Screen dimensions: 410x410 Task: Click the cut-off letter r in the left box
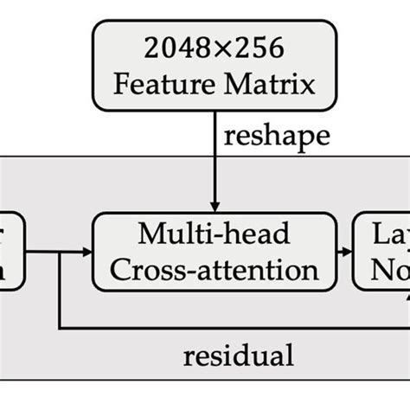[x=18, y=233]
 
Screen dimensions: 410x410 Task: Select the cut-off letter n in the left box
[x=16, y=269]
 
